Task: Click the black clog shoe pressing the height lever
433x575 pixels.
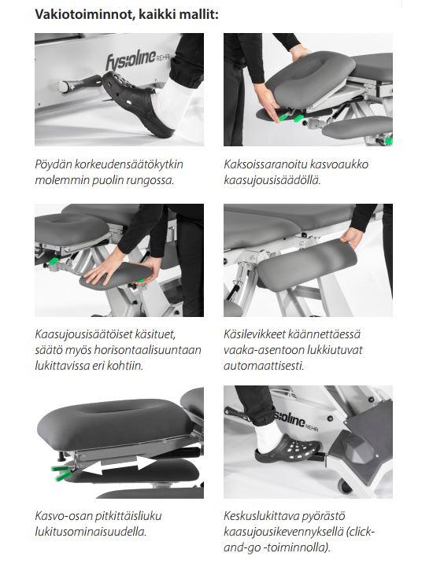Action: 137,104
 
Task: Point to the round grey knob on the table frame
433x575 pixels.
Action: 63,87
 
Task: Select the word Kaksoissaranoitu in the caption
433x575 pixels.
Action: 265,164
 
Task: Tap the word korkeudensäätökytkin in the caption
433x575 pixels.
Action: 129,164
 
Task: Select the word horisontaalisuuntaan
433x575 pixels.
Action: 147,350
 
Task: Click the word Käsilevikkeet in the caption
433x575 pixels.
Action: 254,334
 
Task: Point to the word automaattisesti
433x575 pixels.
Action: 264,366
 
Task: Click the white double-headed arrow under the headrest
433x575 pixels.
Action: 119,465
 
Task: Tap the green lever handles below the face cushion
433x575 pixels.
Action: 61,472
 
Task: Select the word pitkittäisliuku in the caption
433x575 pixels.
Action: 128,516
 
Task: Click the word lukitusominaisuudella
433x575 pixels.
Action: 91,532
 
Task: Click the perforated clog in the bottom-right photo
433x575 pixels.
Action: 288,448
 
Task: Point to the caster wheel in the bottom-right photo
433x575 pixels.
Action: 345,486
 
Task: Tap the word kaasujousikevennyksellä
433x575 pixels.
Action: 283,532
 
